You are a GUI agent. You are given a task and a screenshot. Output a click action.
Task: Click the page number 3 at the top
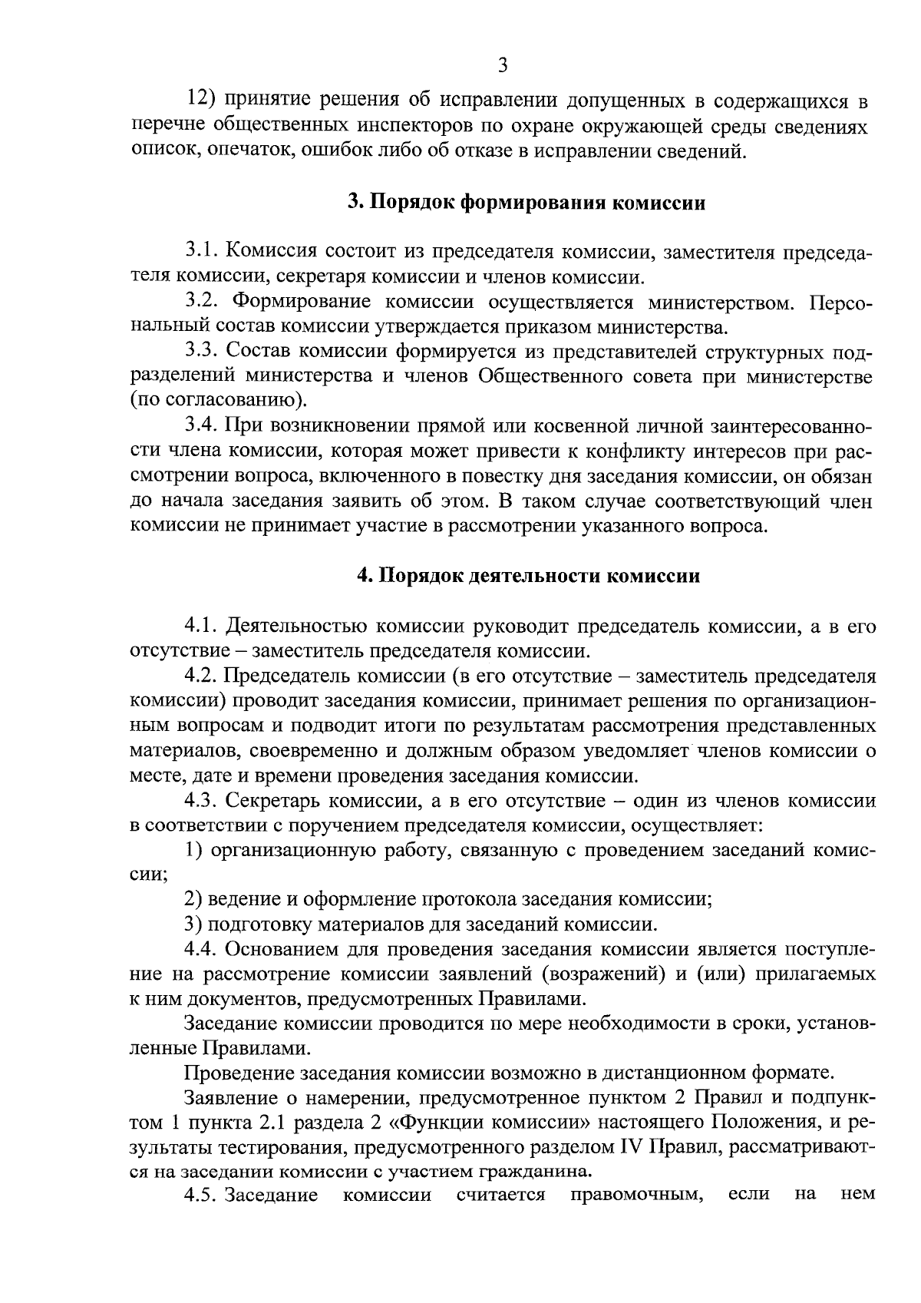[x=503, y=66]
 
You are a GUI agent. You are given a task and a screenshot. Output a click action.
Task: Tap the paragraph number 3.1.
[x=203, y=252]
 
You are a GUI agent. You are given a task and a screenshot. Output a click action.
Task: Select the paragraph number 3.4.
[x=203, y=426]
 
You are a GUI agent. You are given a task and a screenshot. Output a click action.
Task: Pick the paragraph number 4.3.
[x=203, y=801]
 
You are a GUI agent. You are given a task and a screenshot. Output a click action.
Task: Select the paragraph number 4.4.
[x=203, y=950]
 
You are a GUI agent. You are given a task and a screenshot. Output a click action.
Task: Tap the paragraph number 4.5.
[x=203, y=1196]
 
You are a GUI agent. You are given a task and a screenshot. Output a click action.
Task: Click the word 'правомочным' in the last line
[x=638, y=1196]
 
